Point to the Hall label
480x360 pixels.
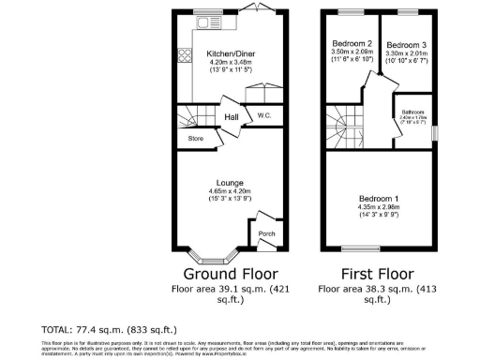[232, 117]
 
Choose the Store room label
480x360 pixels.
[196, 139]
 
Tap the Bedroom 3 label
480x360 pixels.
[406, 44]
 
